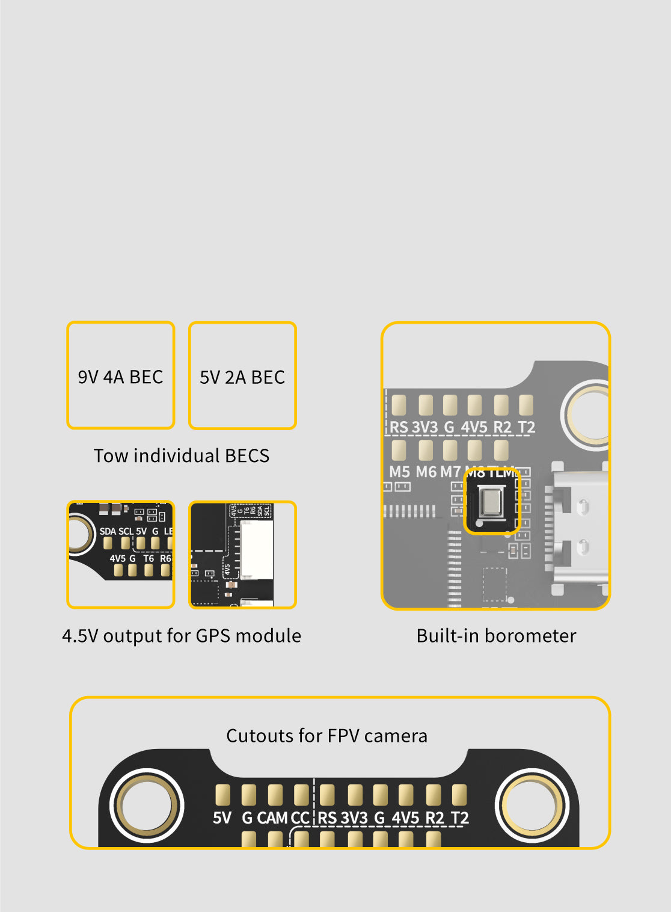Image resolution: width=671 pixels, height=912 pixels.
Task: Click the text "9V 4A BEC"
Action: [120, 377]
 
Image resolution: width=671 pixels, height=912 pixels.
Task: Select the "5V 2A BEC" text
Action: [242, 377]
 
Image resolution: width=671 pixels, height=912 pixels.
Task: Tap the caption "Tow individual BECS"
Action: [181, 455]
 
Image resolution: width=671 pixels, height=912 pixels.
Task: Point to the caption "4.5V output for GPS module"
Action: [182, 635]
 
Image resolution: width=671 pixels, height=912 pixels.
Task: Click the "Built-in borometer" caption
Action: [496, 635]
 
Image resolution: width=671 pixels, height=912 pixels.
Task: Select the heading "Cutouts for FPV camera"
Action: [326, 735]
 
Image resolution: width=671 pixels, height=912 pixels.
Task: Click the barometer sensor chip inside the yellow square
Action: [492, 502]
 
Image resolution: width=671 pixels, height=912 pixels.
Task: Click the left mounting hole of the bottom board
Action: [146, 805]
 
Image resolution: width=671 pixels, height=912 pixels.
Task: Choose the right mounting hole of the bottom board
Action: [532, 805]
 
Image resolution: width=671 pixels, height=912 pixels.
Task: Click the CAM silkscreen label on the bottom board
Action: [272, 818]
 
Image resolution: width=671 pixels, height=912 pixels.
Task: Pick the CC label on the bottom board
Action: [300, 818]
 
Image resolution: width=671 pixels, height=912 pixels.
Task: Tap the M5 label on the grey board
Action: [399, 472]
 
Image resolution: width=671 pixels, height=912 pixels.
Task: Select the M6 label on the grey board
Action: [426, 472]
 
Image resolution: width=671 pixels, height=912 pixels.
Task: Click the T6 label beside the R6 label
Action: [149, 558]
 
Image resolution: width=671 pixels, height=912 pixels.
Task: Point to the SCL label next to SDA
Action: [126, 531]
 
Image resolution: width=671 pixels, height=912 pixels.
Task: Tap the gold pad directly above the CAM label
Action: [275, 794]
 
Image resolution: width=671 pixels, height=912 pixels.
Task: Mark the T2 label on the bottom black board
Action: [459, 818]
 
